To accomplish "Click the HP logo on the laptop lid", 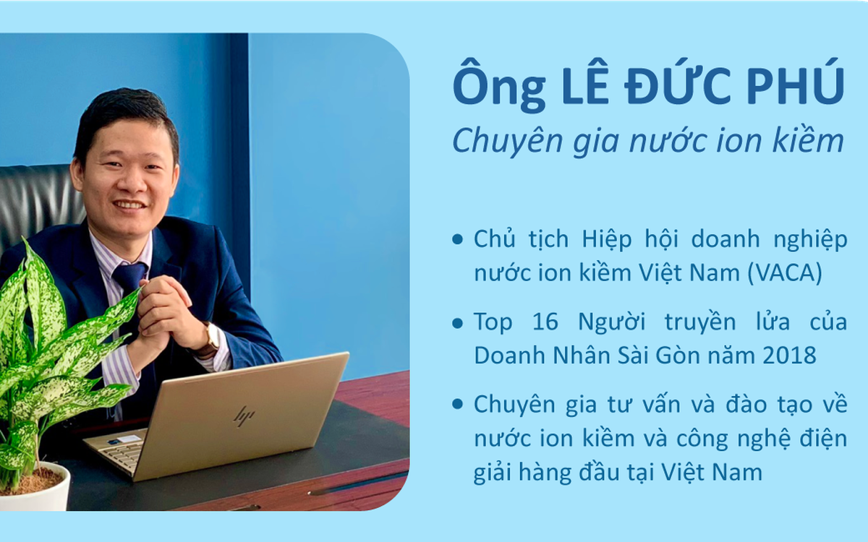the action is [x=244, y=416].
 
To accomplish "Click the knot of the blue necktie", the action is [x=130, y=275].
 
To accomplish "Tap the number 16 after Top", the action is [x=545, y=322].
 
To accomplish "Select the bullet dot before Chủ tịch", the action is [x=457, y=239].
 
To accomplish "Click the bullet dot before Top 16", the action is [x=457, y=322].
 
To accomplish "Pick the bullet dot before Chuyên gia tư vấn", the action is [x=457, y=405].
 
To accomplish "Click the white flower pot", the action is [x=34, y=488].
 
